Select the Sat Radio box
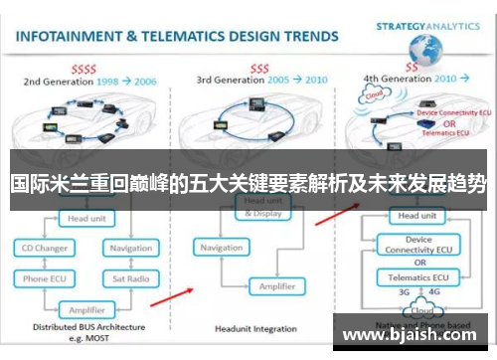(131, 279)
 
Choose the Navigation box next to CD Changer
(131, 248)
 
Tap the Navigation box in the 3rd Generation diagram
(221, 248)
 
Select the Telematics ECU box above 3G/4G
(416, 277)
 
